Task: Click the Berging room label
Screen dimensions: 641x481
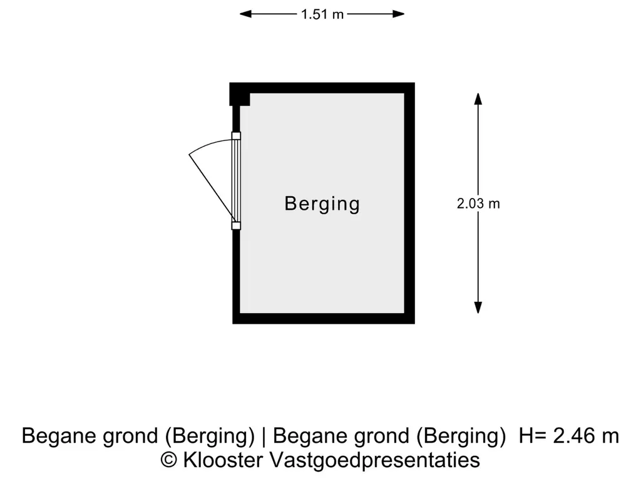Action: [322, 204]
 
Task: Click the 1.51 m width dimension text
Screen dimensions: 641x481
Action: [322, 14]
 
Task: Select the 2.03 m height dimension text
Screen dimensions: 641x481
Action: [478, 204]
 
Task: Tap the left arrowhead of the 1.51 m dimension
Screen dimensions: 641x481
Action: [245, 14]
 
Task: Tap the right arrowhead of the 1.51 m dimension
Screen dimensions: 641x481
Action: [399, 14]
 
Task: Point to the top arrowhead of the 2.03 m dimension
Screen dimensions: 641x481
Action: [478, 99]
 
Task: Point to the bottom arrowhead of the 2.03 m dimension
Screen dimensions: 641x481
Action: [478, 308]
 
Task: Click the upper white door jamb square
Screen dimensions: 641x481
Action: [236, 136]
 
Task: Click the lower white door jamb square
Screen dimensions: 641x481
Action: [236, 225]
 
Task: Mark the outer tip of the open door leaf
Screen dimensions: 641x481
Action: [189, 154]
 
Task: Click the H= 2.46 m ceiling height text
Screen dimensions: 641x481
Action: [568, 436]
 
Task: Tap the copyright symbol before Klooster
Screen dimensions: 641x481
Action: [169, 460]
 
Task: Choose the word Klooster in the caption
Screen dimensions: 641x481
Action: [223, 460]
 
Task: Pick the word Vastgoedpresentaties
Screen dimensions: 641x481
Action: [375, 460]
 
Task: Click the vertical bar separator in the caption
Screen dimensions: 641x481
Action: [264, 436]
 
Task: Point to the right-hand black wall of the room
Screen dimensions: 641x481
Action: [409, 204]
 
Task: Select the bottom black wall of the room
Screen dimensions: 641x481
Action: [324, 319]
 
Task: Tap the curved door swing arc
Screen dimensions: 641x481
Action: [208, 144]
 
